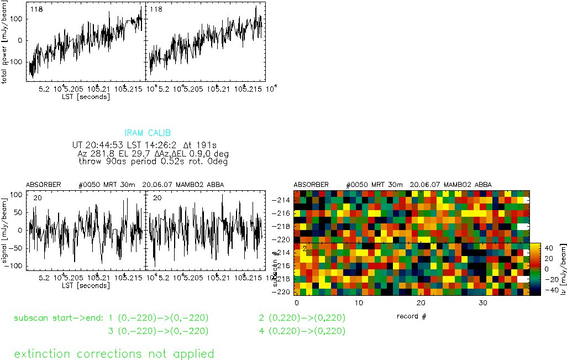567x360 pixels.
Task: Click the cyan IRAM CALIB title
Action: (148, 133)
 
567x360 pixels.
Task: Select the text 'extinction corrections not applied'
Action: (114, 353)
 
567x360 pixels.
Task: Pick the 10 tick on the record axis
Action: (359, 304)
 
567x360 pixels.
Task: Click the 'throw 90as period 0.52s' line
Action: (153, 161)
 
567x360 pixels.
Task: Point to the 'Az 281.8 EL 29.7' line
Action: (153, 153)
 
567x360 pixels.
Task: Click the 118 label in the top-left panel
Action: (37, 9)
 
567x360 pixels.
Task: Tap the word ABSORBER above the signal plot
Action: (43, 184)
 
